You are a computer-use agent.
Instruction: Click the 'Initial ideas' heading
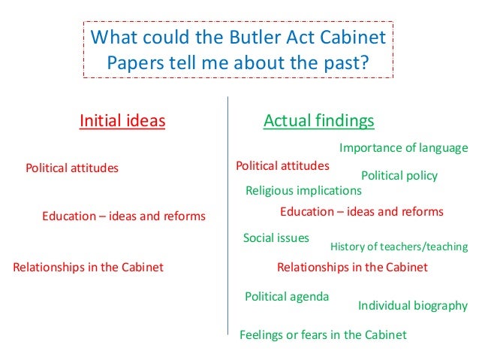click(122, 120)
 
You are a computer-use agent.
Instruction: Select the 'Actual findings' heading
click(319, 120)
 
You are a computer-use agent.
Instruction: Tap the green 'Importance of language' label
click(403, 147)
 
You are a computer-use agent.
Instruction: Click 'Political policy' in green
click(399, 175)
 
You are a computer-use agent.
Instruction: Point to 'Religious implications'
click(303, 191)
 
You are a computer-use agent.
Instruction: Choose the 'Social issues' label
click(276, 238)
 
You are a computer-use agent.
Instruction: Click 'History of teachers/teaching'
click(399, 247)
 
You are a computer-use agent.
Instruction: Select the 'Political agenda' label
click(287, 296)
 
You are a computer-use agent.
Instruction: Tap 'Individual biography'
click(412, 305)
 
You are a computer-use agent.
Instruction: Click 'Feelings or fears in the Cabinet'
click(323, 334)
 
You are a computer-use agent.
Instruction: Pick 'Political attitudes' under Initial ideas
click(72, 168)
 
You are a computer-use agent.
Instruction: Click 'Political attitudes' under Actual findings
click(282, 165)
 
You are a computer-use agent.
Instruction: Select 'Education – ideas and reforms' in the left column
click(124, 216)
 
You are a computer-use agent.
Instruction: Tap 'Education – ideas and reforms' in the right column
click(361, 212)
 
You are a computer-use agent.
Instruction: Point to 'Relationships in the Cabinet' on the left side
click(88, 267)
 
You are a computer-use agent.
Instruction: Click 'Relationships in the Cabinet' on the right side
click(352, 267)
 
